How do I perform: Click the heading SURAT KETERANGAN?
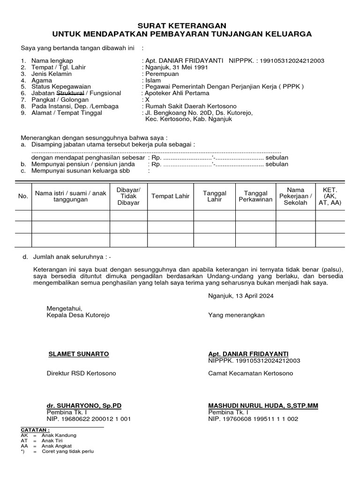point(181,26)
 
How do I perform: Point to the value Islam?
point(153,81)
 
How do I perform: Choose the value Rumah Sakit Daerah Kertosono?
point(191,106)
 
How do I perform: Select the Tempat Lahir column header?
point(170,196)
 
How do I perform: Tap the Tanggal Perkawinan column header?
point(255,196)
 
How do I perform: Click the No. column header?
point(23,196)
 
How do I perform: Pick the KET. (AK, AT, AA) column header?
point(330,196)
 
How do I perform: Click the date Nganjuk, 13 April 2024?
point(241,296)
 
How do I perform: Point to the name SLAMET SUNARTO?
point(79,354)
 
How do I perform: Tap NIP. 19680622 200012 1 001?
point(89,419)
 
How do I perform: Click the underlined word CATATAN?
point(35,430)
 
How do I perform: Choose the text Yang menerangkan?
point(236,315)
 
